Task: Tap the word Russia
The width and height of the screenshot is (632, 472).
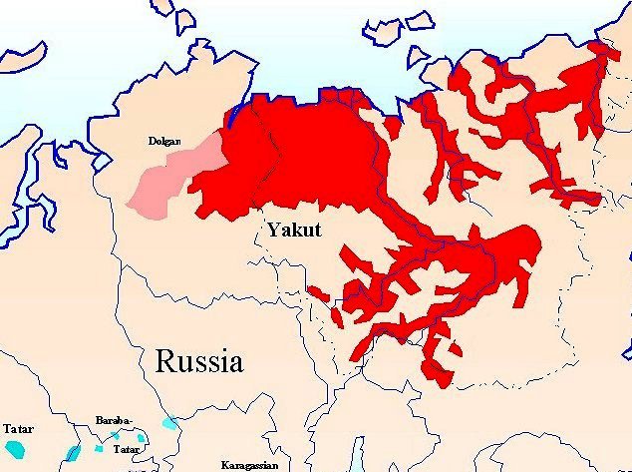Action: coord(198,360)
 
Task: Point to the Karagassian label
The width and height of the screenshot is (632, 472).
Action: coord(250,465)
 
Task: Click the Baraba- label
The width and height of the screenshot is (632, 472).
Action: coord(112,420)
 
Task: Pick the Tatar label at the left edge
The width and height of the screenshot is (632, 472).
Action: coord(17,429)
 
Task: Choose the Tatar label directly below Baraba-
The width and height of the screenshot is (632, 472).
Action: coord(126,450)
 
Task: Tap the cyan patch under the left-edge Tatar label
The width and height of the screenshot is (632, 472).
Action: coord(72,453)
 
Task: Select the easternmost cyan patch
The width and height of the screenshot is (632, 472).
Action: coord(169,423)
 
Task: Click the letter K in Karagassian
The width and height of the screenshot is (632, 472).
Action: coord(225,465)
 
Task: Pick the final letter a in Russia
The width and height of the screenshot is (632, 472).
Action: coord(234,363)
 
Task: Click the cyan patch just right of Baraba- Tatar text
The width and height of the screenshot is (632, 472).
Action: coord(142,438)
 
